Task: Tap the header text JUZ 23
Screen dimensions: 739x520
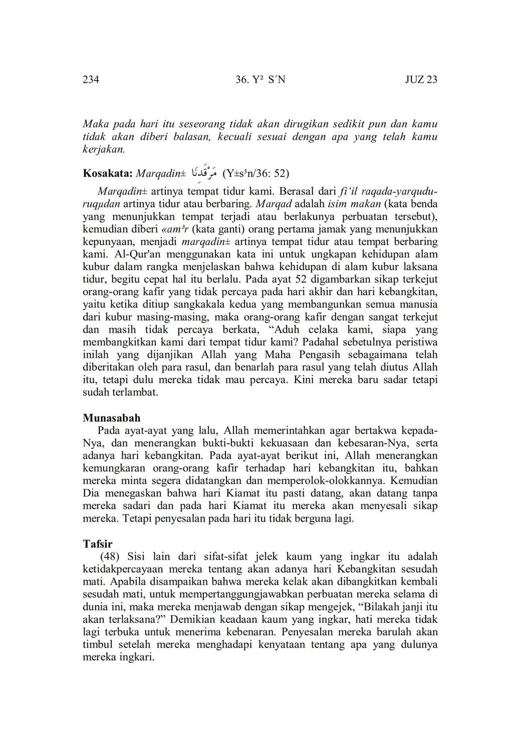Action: [421, 80]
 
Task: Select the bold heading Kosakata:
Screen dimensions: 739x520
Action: [107, 174]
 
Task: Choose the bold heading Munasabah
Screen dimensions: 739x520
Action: [111, 418]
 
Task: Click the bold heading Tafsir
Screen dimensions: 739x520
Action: [97, 544]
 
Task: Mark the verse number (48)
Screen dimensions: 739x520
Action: [110, 557]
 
